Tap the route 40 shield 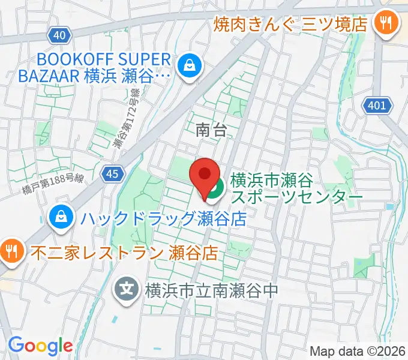[x=59, y=35]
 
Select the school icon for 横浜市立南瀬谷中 [x=127, y=290]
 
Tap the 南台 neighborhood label [x=211, y=130]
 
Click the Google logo [x=40, y=345]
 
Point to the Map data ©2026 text [x=358, y=350]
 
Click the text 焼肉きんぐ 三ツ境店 [x=292, y=25]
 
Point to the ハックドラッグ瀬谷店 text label [x=160, y=218]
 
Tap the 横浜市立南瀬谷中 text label [x=211, y=290]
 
